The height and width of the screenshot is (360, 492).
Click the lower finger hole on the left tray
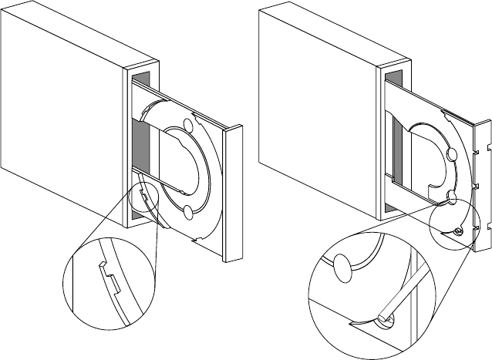coord(188,211)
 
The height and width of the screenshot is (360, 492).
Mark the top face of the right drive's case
coord(332,31)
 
